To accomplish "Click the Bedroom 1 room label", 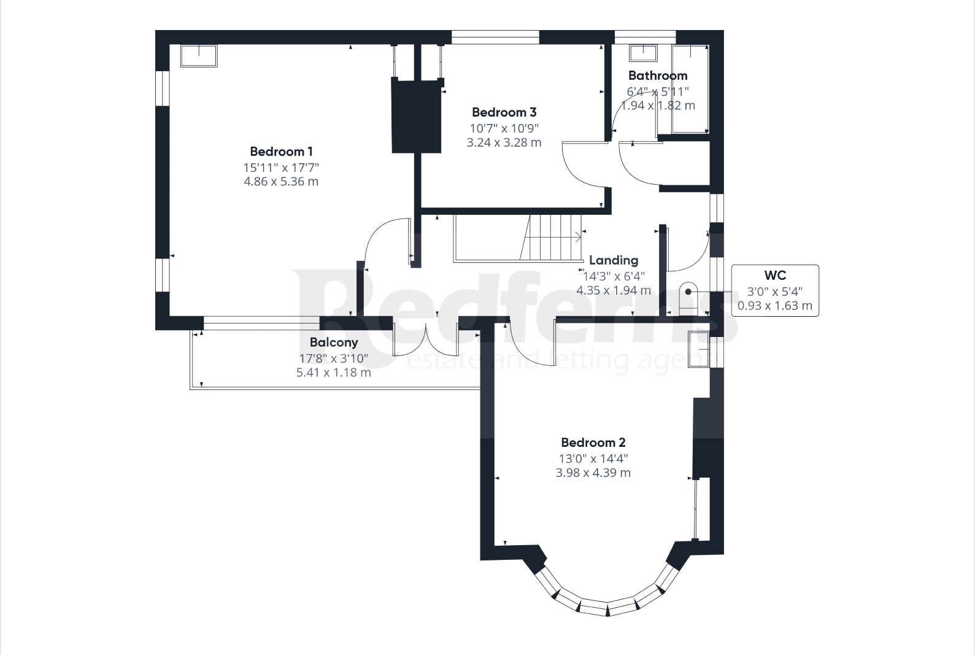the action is pyautogui.click(x=281, y=152).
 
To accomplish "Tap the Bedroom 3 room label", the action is pyautogui.click(x=504, y=112).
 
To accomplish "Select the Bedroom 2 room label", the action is pyautogui.click(x=593, y=443).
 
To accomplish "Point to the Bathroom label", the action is pyautogui.click(x=657, y=76).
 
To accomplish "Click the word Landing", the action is pyautogui.click(x=613, y=260).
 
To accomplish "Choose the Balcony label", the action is pyautogui.click(x=333, y=343).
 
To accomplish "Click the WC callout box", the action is pyautogui.click(x=774, y=290).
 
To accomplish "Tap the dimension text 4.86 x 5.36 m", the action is pyautogui.click(x=281, y=182).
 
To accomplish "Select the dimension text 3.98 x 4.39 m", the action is pyautogui.click(x=593, y=473).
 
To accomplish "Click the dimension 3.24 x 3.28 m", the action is pyautogui.click(x=504, y=142).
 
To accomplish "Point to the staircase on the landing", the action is pyautogui.click(x=551, y=238).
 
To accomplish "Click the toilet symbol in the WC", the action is pyautogui.click(x=688, y=298).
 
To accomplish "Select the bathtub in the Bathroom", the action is pyautogui.click(x=690, y=88).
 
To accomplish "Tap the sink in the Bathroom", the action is pyautogui.click(x=643, y=53).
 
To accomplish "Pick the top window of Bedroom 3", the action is pyautogui.click(x=495, y=37).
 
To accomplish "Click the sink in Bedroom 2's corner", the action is pyautogui.click(x=698, y=349).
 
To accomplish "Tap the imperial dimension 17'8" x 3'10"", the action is pyautogui.click(x=333, y=359).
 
